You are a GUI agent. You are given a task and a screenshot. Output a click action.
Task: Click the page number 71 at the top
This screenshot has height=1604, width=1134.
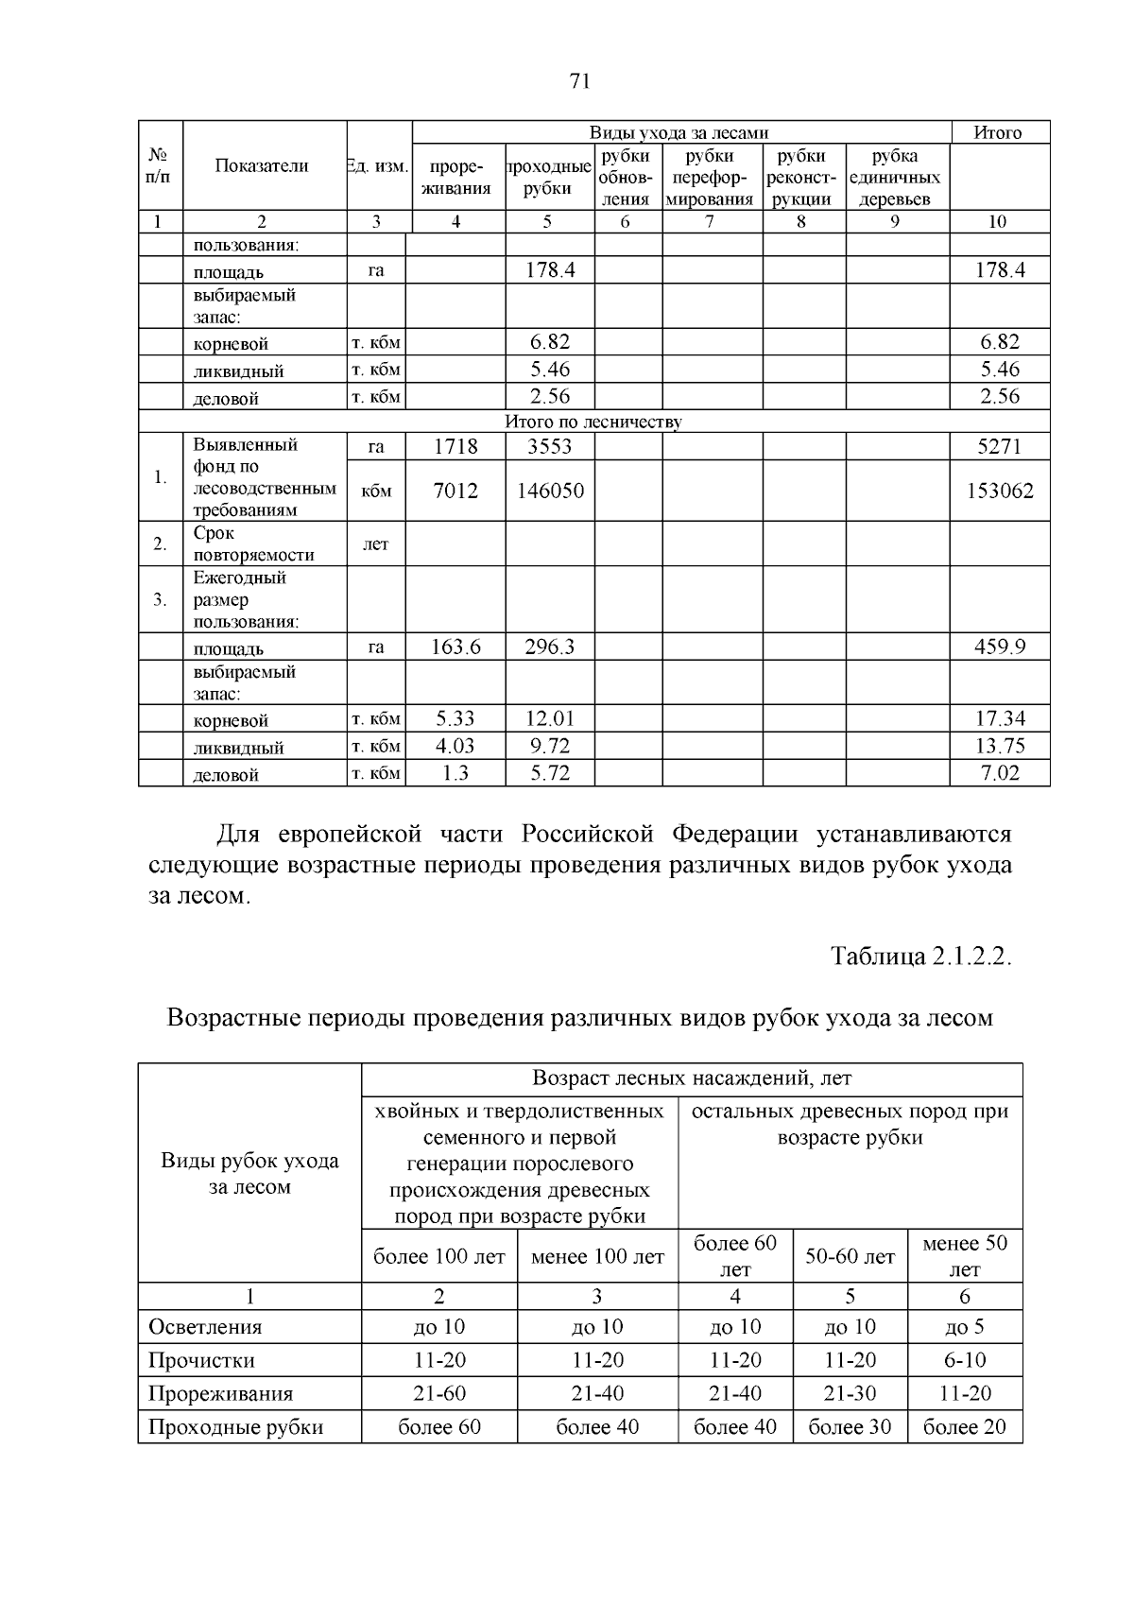pyautogui.click(x=580, y=81)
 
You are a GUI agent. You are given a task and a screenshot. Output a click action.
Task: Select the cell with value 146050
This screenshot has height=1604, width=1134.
pyautogui.click(x=549, y=491)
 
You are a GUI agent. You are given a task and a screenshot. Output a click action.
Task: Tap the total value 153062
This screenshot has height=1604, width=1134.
pyautogui.click(x=999, y=491)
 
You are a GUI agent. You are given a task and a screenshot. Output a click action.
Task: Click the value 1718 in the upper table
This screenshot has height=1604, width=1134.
pyautogui.click(x=455, y=447)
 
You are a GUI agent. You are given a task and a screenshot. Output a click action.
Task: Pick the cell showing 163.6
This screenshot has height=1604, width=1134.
pyautogui.click(x=455, y=647)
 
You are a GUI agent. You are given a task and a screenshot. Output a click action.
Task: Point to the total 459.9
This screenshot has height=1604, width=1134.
pyautogui.click(x=999, y=647)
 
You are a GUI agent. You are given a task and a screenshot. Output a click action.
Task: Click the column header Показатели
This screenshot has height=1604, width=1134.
pyautogui.click(x=262, y=166)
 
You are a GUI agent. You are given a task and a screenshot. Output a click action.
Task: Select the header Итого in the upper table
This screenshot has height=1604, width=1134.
pyautogui.click(x=998, y=132)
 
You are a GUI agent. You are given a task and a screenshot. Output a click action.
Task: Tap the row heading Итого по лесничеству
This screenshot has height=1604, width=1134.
pyautogui.click(x=593, y=422)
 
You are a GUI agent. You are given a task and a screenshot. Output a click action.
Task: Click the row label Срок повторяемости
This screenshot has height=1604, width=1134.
pyautogui.click(x=253, y=543)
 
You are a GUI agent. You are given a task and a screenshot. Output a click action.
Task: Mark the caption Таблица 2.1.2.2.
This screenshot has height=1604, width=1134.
pyautogui.click(x=920, y=956)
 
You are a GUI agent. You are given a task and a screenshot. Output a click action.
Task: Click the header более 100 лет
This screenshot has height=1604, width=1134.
pyautogui.click(x=439, y=1257)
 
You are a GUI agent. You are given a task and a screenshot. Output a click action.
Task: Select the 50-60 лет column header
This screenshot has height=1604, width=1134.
pyautogui.click(x=850, y=1257)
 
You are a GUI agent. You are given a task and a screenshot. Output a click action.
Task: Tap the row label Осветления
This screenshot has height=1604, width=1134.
pyautogui.click(x=205, y=1327)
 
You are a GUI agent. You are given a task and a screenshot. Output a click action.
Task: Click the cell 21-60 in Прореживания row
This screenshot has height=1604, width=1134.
pyautogui.click(x=439, y=1394)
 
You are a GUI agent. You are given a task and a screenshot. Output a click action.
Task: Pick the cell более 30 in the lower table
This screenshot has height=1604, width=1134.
pyautogui.click(x=850, y=1427)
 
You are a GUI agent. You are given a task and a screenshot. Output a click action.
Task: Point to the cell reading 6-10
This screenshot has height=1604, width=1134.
pyautogui.click(x=964, y=1360)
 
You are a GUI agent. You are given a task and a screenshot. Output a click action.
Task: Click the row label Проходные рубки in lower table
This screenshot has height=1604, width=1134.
pyautogui.click(x=235, y=1427)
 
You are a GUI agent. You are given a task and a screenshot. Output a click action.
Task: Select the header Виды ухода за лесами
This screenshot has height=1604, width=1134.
pyautogui.click(x=679, y=133)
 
